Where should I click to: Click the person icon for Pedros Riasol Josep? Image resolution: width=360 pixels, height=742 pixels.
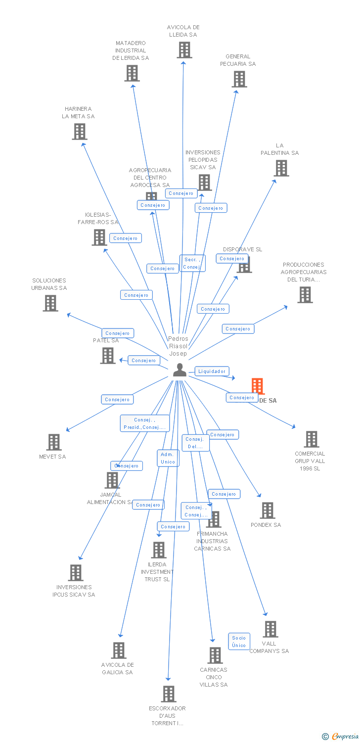coord(180,370)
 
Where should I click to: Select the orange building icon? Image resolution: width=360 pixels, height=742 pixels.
coord(257,386)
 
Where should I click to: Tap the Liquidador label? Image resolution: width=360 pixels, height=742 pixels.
coord(212,371)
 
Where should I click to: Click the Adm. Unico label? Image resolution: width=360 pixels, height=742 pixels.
coord(168,458)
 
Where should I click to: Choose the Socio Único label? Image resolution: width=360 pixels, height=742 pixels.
coord(239,641)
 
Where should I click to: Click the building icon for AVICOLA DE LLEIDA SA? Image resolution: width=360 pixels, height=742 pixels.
coord(184,50)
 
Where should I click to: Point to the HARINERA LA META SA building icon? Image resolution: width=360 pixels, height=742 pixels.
coord(79,131)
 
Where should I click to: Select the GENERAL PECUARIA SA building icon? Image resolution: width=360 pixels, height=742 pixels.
coord(239,79)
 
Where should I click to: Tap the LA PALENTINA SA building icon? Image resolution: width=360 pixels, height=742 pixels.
coord(281,168)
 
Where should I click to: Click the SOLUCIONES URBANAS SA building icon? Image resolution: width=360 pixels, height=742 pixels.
coord(50,303)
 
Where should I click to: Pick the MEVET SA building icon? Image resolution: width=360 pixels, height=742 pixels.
coord(53,442)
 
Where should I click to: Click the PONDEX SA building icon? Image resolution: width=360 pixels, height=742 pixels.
coord(267,510)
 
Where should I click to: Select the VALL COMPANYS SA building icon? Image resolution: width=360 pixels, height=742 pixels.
coord(270,629)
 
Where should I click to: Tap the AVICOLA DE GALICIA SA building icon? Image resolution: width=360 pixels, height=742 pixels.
coord(119,650)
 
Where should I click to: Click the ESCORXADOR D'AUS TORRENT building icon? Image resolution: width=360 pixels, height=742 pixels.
coord(169,694)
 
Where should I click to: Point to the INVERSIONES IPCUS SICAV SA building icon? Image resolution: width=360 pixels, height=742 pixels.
coord(76,572)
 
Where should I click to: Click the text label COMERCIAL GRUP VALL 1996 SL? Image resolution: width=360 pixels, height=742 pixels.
coord(310,461)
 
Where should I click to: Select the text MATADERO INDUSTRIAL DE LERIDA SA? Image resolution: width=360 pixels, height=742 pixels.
coord(131,50)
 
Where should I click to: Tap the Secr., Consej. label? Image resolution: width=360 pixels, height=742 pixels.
coord(192,263)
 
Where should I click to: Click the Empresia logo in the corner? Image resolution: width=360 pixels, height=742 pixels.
coord(342,737)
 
